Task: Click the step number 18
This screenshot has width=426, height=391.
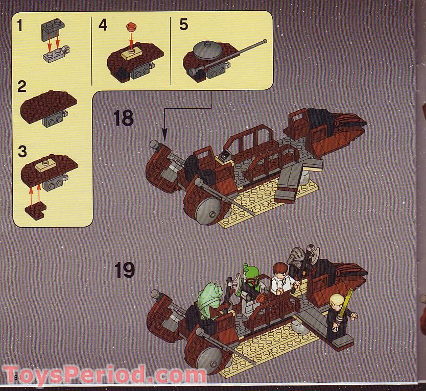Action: pyautogui.click(x=123, y=118)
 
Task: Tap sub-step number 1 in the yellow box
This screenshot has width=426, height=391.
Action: pyautogui.click(x=20, y=25)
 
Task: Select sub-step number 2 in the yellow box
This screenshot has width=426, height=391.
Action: pyautogui.click(x=21, y=86)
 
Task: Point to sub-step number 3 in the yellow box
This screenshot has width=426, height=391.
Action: pyautogui.click(x=21, y=152)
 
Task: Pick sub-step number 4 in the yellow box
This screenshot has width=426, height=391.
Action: pyautogui.click(x=103, y=25)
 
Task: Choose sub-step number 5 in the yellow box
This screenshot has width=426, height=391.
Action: pyautogui.click(x=183, y=25)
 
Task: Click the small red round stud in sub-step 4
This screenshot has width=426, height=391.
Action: pyautogui.click(x=131, y=26)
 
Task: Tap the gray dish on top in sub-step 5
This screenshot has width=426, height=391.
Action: pyautogui.click(x=207, y=50)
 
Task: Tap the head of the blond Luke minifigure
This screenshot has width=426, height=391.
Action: pyautogui.click(x=335, y=300)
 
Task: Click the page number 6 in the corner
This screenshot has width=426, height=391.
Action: pyautogui.click(x=16, y=377)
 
